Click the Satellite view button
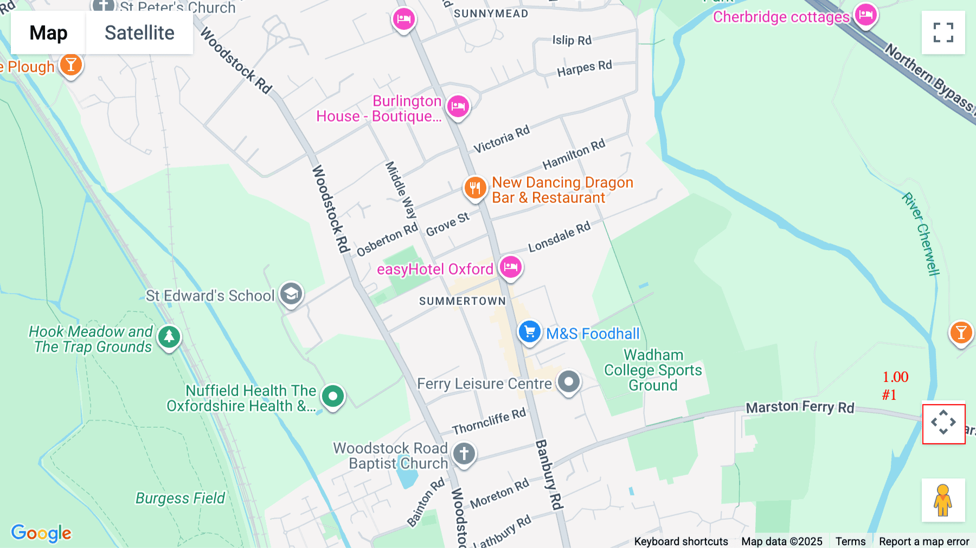[139, 33]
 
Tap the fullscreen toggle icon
[943, 33]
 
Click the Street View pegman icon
[943, 500]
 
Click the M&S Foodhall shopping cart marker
[529, 331]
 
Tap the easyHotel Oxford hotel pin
[510, 266]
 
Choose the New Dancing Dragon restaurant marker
[475, 188]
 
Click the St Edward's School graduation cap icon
[291, 294]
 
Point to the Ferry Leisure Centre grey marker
[568, 382]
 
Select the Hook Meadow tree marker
[169, 336]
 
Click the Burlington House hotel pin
[458, 105]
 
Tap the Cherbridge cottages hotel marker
[865, 14]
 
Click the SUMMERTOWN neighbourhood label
[462, 301]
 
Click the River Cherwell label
[920, 233]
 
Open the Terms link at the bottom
[850, 541]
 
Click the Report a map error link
[923, 541]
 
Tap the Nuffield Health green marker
[333, 396]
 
